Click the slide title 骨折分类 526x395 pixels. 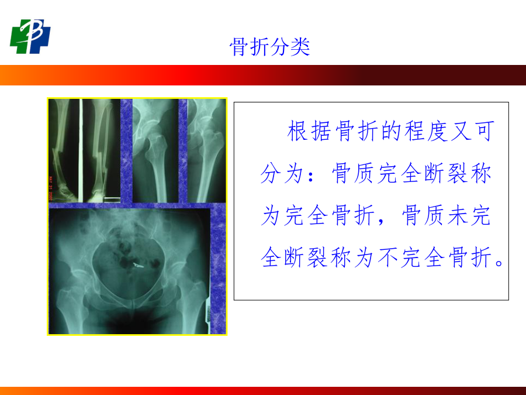tap(269, 46)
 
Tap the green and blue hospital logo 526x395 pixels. tap(30, 36)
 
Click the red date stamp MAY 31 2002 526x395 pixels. tap(51, 188)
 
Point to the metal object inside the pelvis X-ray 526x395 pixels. tap(138, 266)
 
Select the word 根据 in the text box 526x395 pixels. tap(309, 131)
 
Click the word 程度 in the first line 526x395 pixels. tap(427, 131)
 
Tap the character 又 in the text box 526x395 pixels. tap(461, 131)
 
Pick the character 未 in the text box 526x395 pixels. tap(458, 215)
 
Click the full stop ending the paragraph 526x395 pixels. tap(499, 263)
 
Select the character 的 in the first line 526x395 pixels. tap(392, 131)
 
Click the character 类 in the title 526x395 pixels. tap(300, 46)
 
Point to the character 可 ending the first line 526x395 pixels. tap(485, 131)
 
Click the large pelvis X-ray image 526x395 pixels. tap(130, 272)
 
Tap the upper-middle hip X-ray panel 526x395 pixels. tap(155, 151)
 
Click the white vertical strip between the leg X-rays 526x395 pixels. tap(81, 151)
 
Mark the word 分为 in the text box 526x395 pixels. tap(282, 173)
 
